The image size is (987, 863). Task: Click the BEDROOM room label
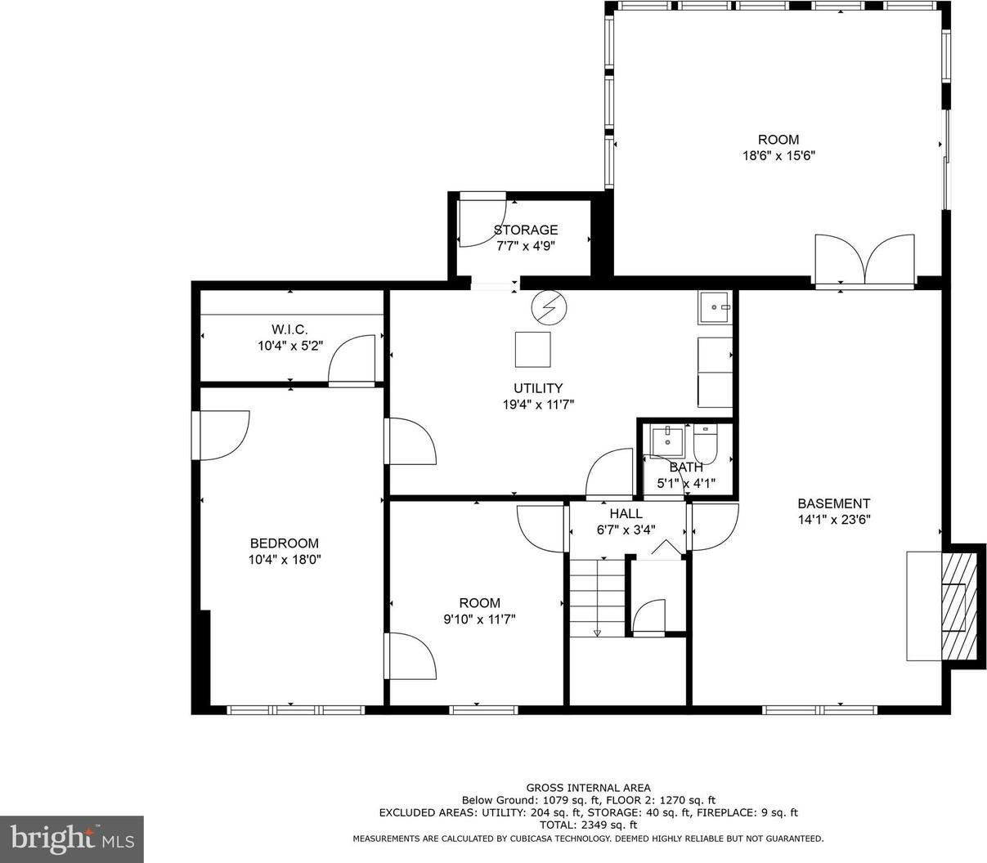coord(284,543)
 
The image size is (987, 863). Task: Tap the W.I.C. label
coord(289,329)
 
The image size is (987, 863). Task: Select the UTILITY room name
coord(538,388)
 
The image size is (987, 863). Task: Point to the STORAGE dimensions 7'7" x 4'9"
coord(526,246)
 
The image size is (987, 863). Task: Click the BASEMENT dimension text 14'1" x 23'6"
coord(833,519)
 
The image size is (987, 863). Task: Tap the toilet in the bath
coord(705,444)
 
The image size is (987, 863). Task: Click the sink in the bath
coord(667,440)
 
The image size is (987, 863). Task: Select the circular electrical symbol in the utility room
coord(549,307)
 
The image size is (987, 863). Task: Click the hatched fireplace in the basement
coord(959,606)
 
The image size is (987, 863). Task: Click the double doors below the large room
coord(865,261)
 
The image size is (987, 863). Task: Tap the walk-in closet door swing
coord(352,360)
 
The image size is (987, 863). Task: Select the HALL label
coord(626,513)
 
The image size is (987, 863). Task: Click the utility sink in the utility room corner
coord(715,307)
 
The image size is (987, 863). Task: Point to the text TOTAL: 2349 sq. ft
coord(588,825)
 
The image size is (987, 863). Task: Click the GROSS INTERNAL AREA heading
coord(588,788)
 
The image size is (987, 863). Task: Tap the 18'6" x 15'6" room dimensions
coord(778,156)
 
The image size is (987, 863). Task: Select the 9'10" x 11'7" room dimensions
coord(479,619)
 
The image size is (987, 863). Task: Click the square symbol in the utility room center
coord(532,350)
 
